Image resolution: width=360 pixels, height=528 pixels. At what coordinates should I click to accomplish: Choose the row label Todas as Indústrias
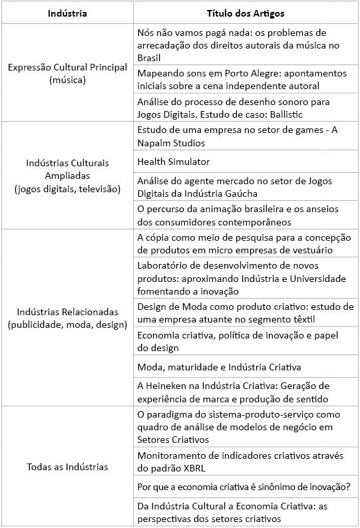[x=67, y=467]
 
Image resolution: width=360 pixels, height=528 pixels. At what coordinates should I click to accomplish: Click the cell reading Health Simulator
[x=174, y=162]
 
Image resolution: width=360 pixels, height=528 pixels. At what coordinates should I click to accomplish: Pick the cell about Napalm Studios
[x=238, y=136]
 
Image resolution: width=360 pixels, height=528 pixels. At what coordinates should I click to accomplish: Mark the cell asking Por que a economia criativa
[x=243, y=487]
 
